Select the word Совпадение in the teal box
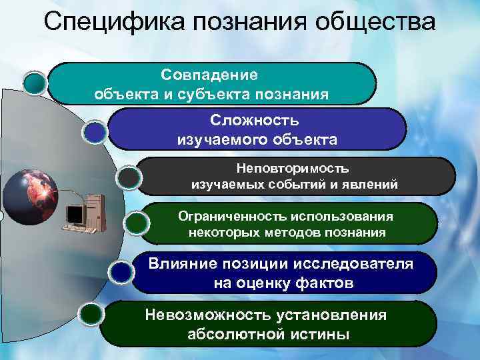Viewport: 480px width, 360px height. tap(209, 72)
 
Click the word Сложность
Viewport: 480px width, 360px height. tap(255, 120)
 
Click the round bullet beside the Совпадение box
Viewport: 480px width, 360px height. tap(35, 82)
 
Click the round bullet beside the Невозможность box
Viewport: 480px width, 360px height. tap(91, 313)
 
